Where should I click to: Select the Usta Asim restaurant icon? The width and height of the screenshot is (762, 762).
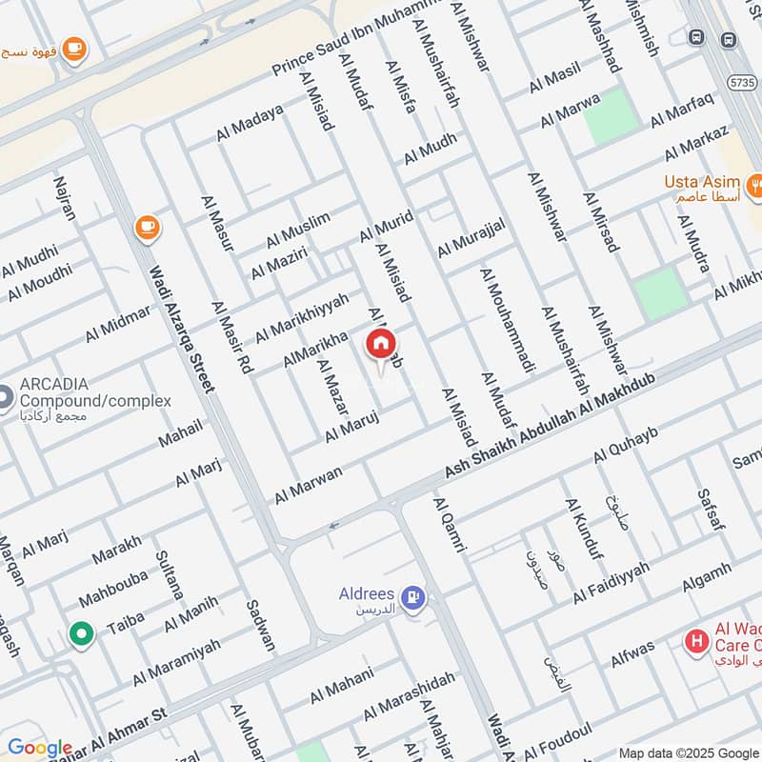(x=755, y=183)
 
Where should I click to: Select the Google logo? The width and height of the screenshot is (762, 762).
(x=39, y=749)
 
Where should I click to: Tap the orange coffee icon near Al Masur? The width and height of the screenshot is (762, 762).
(x=146, y=227)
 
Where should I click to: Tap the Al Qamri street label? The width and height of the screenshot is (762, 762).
(x=450, y=525)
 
